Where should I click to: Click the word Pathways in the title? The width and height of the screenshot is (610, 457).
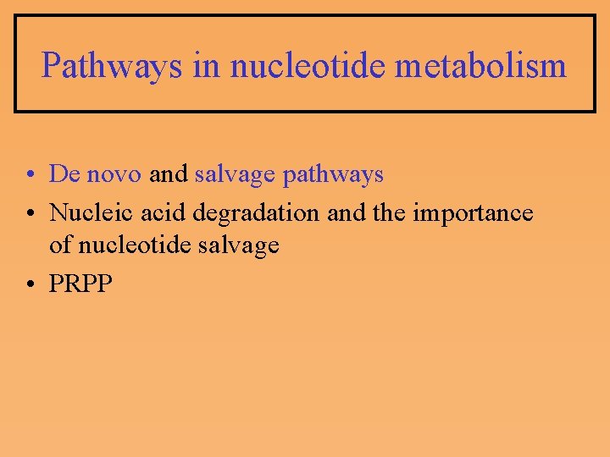click(x=112, y=65)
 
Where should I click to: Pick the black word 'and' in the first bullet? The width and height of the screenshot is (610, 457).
click(x=169, y=174)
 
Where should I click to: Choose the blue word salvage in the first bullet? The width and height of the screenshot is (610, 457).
click(x=235, y=175)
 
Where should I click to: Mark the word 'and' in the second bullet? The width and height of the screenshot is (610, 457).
click(x=346, y=212)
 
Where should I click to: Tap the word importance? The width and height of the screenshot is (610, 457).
click(x=473, y=212)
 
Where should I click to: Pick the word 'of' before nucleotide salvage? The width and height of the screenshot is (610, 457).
click(x=61, y=245)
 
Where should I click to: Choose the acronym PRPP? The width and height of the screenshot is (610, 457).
click(x=80, y=284)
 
